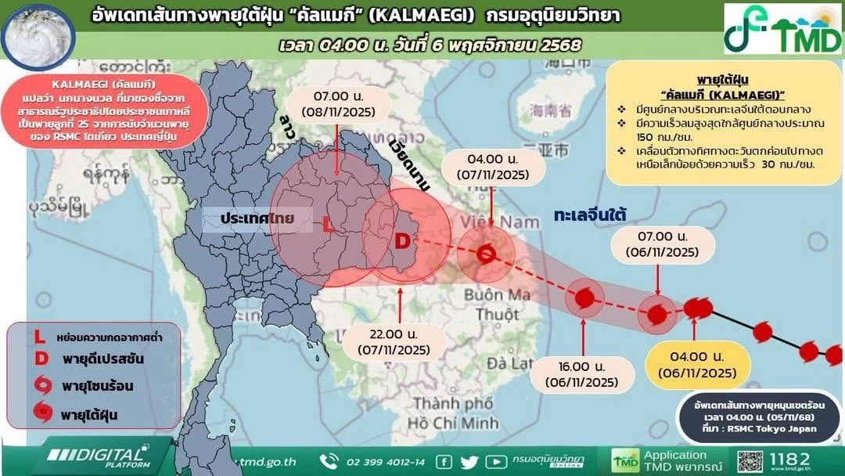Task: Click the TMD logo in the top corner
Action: tap(782, 28)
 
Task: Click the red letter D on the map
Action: tap(401, 242)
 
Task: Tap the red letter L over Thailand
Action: tap(327, 225)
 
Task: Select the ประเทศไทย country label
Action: tap(257, 218)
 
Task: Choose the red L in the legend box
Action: tap(39, 337)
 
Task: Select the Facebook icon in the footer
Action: tap(444, 461)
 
